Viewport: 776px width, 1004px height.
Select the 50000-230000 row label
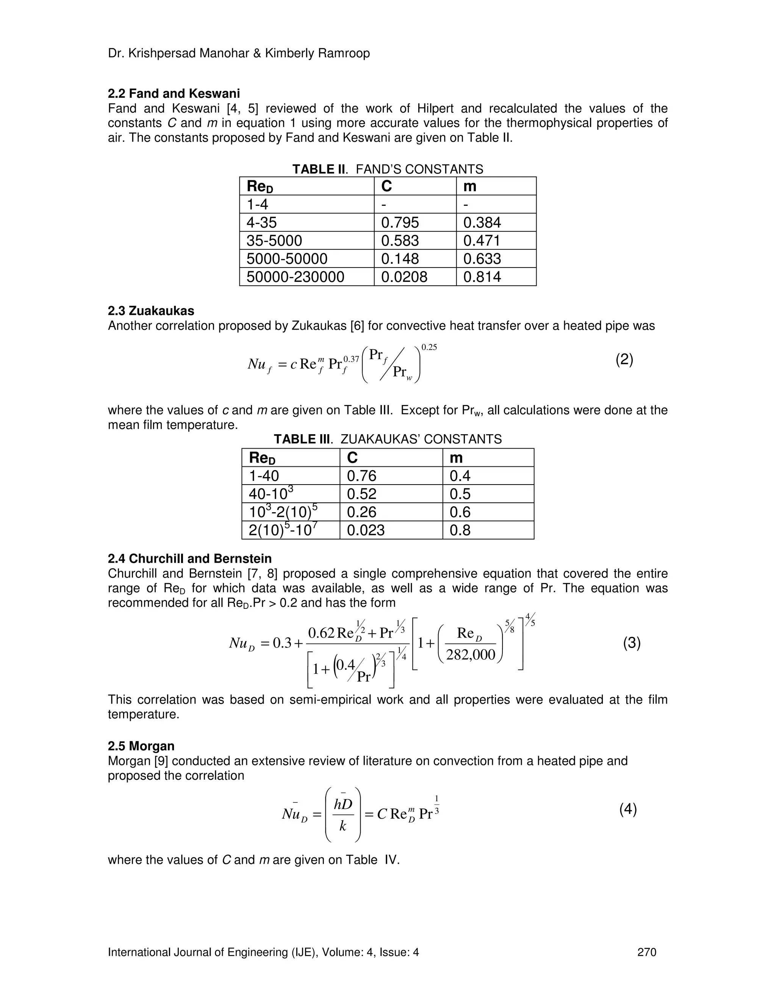[x=295, y=277]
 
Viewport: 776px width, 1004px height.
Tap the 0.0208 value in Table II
[x=404, y=277]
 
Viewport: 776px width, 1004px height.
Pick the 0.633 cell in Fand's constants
[x=482, y=259]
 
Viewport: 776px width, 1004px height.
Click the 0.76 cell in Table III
[x=361, y=476]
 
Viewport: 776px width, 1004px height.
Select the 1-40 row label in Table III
[x=264, y=476]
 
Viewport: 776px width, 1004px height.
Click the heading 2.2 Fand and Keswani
[x=174, y=94]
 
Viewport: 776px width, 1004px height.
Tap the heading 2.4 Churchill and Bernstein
[x=189, y=558]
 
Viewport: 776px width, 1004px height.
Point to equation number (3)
[x=632, y=643]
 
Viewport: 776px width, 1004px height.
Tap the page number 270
[x=647, y=952]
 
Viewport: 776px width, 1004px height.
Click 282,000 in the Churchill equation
[x=471, y=654]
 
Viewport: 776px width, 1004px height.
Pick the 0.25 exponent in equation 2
[x=429, y=347]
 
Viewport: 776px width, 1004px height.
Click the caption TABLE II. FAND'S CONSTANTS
[x=388, y=169]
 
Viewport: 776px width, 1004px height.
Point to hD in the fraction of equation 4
[x=343, y=804]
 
